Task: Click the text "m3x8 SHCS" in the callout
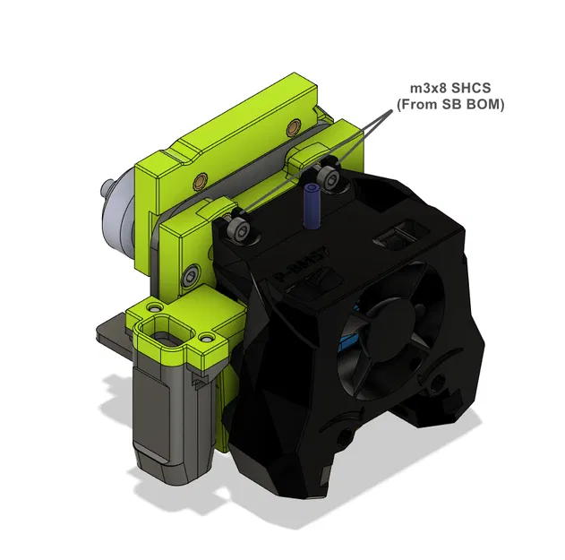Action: tap(449, 88)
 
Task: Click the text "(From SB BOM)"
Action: tap(450, 105)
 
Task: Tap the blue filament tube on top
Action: tap(312, 205)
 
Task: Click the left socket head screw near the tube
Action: tap(241, 230)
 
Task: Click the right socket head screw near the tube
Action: tap(333, 180)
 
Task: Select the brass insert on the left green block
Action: tap(198, 183)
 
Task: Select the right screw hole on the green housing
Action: tap(208, 340)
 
